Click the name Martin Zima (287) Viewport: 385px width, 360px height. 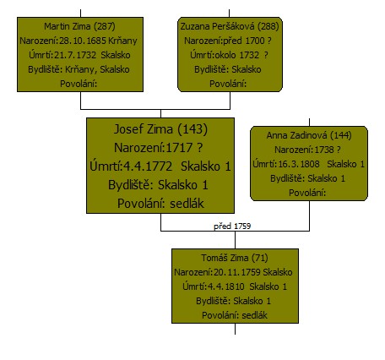(x=79, y=26)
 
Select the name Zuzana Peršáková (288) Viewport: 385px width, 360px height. (x=230, y=26)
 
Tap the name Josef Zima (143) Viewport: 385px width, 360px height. (x=160, y=129)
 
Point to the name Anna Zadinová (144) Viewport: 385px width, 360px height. (x=309, y=135)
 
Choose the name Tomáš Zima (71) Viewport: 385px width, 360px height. (x=235, y=258)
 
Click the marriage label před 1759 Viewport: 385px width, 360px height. (x=232, y=226)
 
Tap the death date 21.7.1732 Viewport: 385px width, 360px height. (x=75, y=55)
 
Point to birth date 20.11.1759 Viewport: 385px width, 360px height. (x=237, y=272)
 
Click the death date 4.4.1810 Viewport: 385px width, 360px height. (x=225, y=286)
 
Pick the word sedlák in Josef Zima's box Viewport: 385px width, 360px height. (x=187, y=204)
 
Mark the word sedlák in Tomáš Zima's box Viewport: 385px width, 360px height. (x=254, y=315)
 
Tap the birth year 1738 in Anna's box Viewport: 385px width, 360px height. (x=324, y=150)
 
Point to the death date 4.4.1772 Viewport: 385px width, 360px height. (x=148, y=166)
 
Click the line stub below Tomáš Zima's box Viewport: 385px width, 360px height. (x=235, y=329)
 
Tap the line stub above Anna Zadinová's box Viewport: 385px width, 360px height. (x=309, y=123)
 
